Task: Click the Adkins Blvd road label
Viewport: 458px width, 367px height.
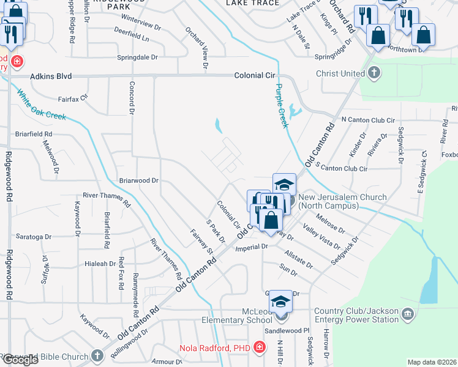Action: click(x=51, y=76)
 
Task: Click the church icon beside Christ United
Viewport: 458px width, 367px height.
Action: click(x=374, y=73)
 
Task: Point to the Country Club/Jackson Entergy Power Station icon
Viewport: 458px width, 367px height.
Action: click(x=408, y=315)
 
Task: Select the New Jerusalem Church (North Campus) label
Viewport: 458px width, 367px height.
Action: click(x=342, y=201)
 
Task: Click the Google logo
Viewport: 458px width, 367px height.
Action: click(x=20, y=360)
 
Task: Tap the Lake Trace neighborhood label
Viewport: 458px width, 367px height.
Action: click(x=252, y=3)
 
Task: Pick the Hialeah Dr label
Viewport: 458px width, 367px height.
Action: click(x=99, y=264)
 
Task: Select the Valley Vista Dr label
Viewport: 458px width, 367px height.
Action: click(x=321, y=237)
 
